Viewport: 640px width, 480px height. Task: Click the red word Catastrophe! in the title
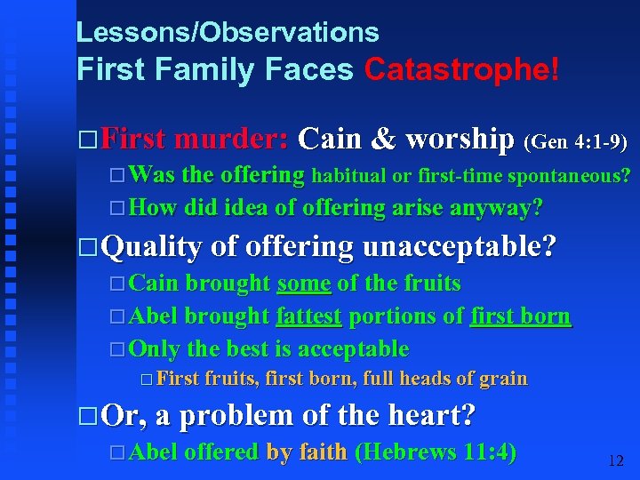462,69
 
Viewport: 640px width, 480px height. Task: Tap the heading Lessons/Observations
228,33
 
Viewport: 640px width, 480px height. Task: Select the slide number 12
615,460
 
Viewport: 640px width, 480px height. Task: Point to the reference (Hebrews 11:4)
436,452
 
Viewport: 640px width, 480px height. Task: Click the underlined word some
304,284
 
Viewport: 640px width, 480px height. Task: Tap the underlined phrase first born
521,316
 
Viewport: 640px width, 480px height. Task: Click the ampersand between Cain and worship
383,140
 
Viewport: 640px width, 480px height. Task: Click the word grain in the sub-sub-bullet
503,379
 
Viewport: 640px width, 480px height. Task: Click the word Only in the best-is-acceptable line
154,348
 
